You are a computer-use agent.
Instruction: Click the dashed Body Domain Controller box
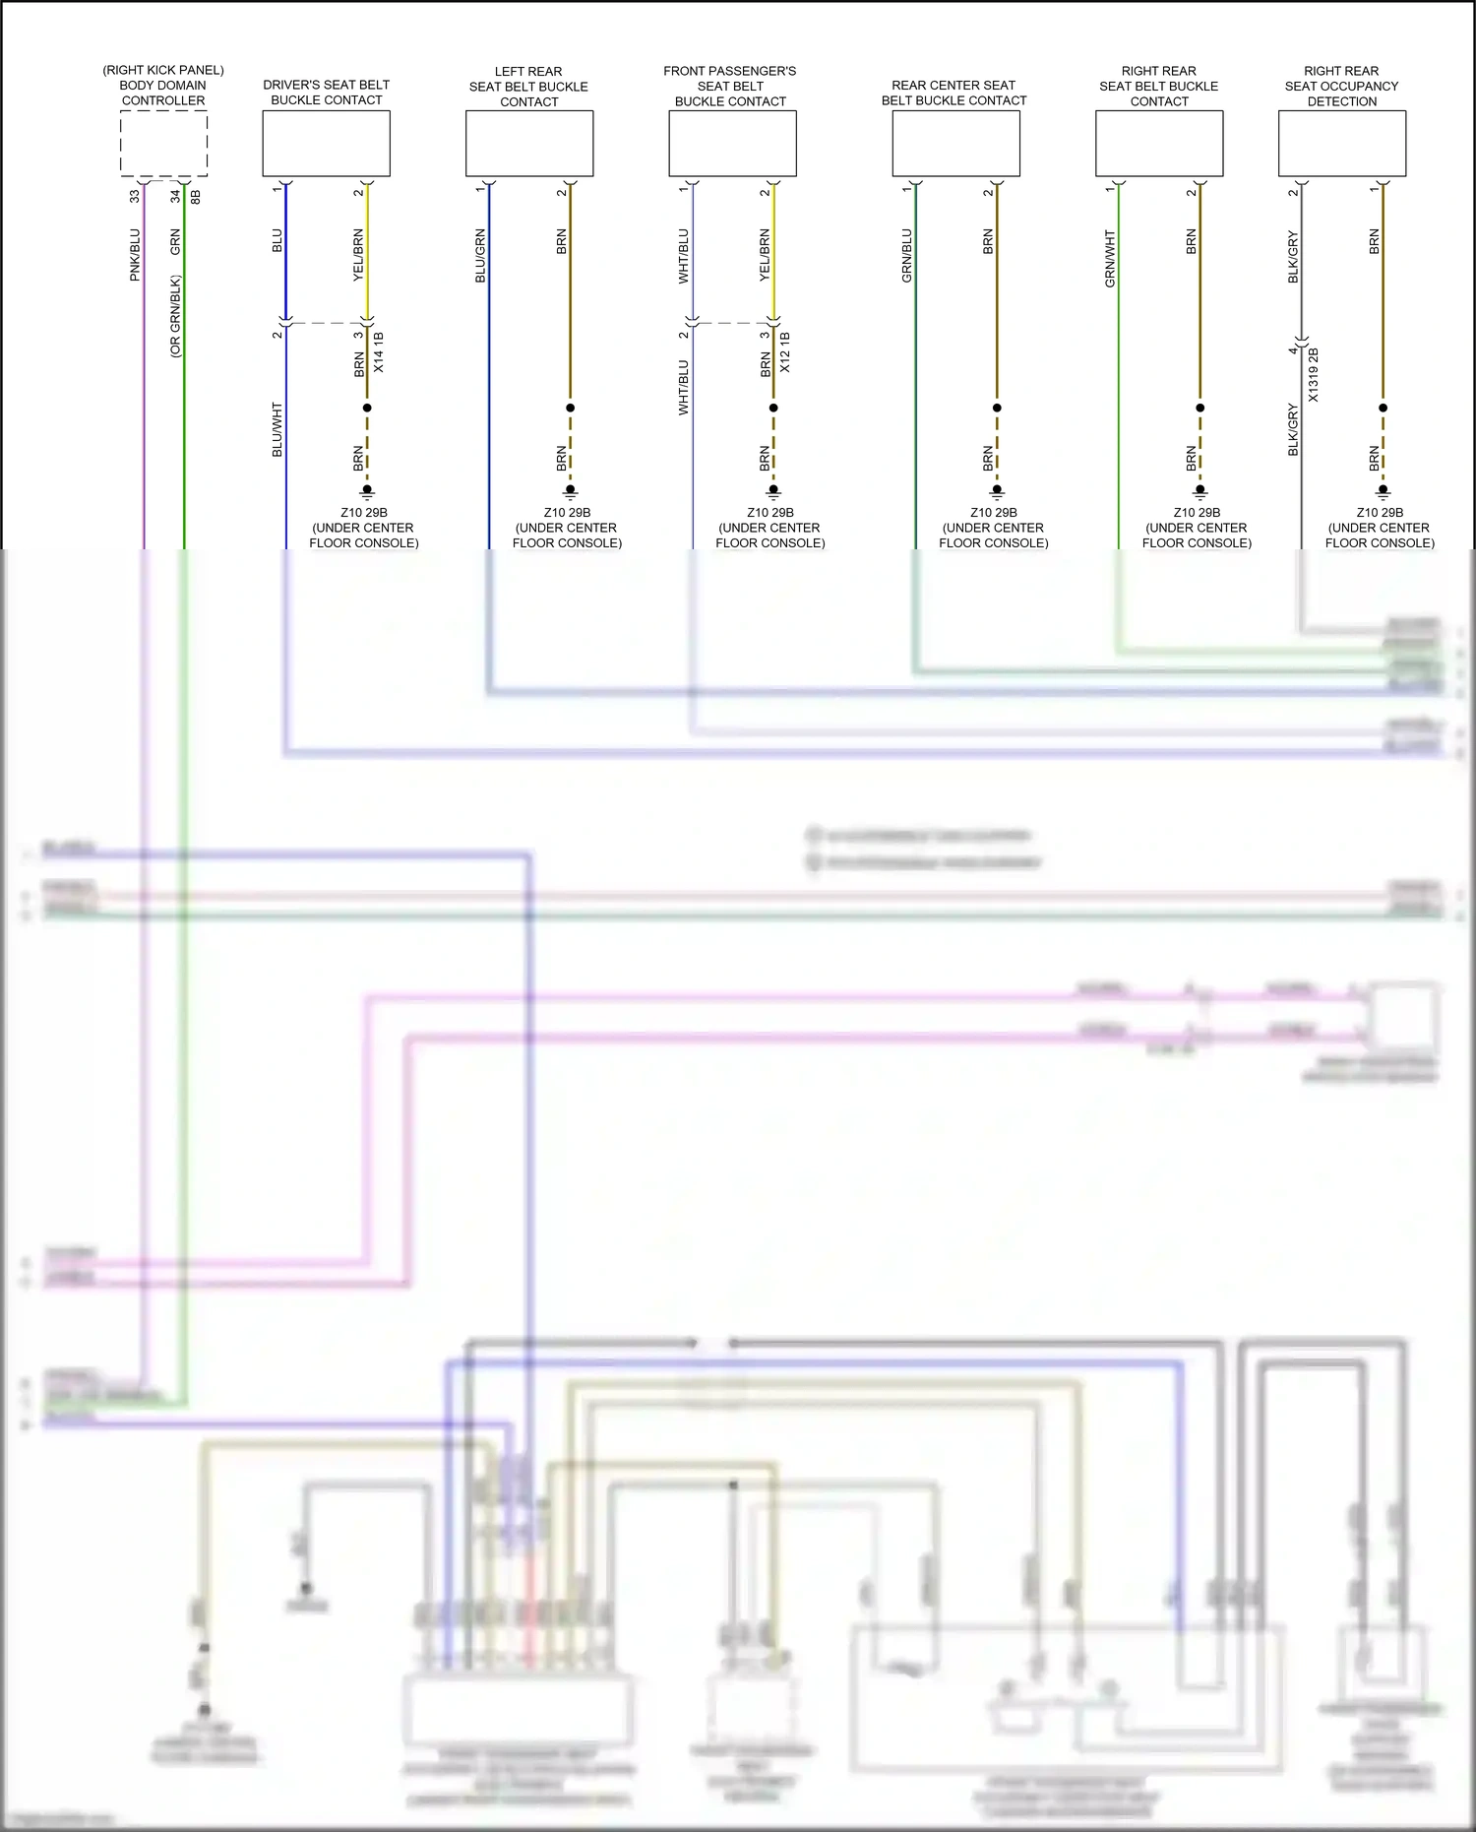coord(163,144)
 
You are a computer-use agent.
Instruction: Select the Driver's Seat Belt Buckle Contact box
coord(326,144)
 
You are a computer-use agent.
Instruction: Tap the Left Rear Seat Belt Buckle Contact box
coord(529,144)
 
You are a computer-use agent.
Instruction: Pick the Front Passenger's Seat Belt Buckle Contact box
coord(732,144)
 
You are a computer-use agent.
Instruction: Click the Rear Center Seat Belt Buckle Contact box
coord(955,144)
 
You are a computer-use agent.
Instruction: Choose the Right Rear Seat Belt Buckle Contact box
coord(1159,144)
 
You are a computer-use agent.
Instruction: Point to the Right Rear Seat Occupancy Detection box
coord(1341,144)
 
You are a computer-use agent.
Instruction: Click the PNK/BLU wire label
coord(135,255)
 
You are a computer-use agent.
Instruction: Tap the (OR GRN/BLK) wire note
coord(175,316)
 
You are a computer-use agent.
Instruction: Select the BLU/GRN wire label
coord(480,256)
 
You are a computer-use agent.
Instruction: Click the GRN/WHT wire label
coord(1110,259)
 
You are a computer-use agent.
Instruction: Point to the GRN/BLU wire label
coord(907,256)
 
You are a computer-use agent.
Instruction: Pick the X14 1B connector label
coord(379,352)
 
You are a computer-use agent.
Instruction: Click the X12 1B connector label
coord(785,352)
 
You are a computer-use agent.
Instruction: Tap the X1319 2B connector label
coord(1314,374)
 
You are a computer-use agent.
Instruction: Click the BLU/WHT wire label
coord(277,429)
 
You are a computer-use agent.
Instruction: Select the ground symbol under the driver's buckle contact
coord(367,491)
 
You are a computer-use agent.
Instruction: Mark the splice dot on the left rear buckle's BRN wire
coord(571,408)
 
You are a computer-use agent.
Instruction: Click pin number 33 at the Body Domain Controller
coord(135,196)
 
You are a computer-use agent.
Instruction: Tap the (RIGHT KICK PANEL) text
coord(163,70)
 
